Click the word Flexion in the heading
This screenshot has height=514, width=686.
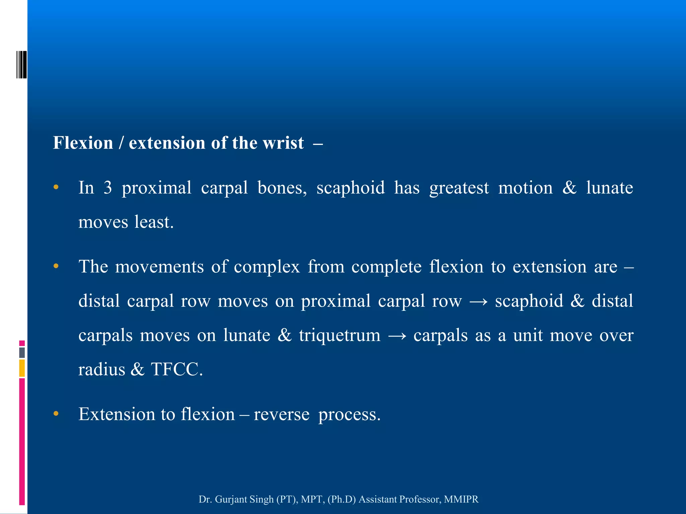(83, 143)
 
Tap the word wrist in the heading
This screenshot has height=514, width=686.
(283, 143)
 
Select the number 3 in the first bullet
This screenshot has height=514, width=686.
(108, 188)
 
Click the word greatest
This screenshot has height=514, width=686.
(459, 188)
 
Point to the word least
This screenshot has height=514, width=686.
(154, 222)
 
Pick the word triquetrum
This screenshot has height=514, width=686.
(340, 335)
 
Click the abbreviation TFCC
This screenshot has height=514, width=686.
(177, 369)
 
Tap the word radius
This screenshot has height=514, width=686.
(101, 369)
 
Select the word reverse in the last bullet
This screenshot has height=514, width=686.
(281, 414)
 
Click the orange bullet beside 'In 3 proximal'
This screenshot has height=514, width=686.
(56, 187)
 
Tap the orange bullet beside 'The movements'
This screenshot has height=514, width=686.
(56, 266)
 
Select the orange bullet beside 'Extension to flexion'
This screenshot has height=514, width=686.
(56, 414)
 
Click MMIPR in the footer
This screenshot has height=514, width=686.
(461, 499)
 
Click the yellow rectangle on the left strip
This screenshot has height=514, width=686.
(22, 368)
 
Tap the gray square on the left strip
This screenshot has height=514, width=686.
(22, 353)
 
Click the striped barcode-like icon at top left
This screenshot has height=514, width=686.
(21, 65)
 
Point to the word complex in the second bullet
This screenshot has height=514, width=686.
(267, 267)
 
